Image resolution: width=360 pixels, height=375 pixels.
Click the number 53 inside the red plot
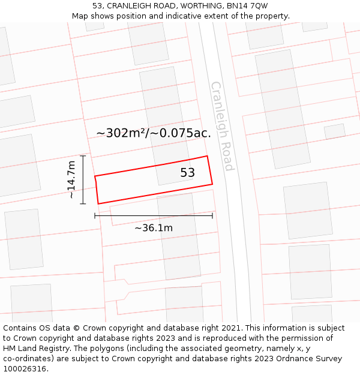tap(187, 173)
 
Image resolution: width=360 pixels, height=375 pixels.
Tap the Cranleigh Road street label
tap(221, 126)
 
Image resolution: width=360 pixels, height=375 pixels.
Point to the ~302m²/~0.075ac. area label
tap(154, 133)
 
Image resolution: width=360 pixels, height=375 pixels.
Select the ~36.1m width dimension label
tap(154, 228)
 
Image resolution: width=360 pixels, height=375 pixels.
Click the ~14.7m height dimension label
tap(71, 179)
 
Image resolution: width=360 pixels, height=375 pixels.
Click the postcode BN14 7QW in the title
tap(251, 6)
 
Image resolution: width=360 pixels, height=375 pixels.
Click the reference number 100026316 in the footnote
tap(25, 369)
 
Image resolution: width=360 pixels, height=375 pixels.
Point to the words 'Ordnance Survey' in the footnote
tap(310, 359)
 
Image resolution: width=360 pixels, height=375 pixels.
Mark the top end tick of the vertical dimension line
tap(83, 156)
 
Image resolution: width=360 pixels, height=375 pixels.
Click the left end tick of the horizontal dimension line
tap(95, 216)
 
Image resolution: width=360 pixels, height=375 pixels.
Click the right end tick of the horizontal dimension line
tap(212, 216)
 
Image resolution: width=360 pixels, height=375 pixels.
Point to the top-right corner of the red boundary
tap(208, 157)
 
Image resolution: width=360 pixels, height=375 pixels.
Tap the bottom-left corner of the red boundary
tap(98, 204)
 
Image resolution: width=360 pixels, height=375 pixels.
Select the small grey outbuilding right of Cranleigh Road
tap(334, 131)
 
